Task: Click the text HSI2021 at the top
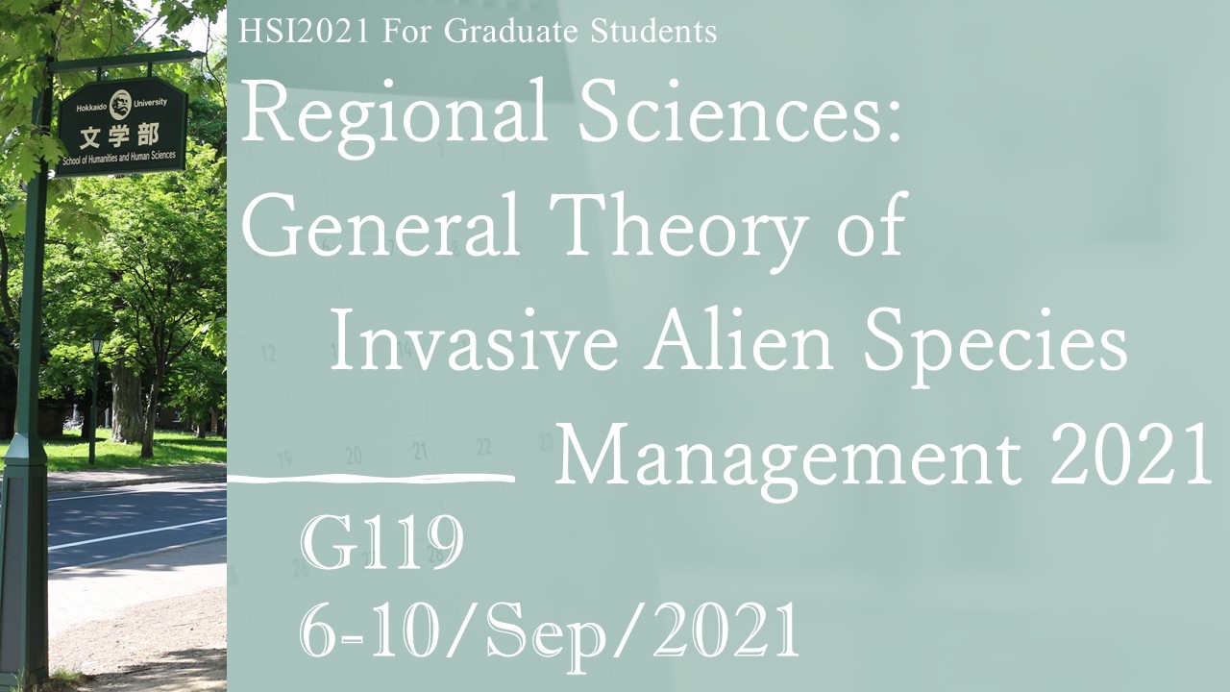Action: coord(304,32)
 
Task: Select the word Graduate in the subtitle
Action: coord(510,32)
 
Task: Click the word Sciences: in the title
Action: coord(740,111)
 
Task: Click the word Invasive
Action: coord(474,339)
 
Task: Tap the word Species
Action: coord(995,346)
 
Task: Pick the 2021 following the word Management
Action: coord(1130,454)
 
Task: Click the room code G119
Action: coord(381,543)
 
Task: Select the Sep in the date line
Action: coord(547,636)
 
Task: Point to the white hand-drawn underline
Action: coord(371,479)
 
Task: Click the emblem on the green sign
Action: coord(120,105)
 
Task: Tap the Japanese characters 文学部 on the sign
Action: coord(119,136)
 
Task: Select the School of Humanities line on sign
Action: coord(119,159)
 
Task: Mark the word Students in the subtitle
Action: coord(653,32)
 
